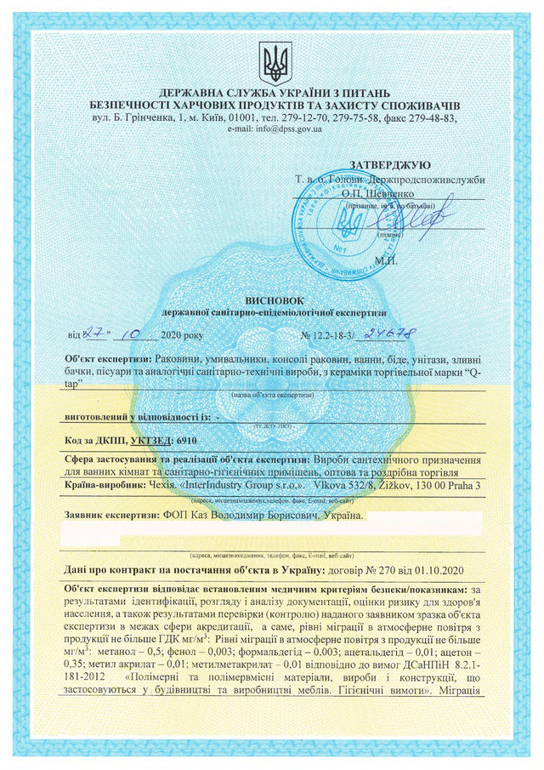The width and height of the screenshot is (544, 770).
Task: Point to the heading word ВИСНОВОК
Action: click(272, 301)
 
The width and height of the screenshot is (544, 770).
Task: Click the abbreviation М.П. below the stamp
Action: click(385, 259)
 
